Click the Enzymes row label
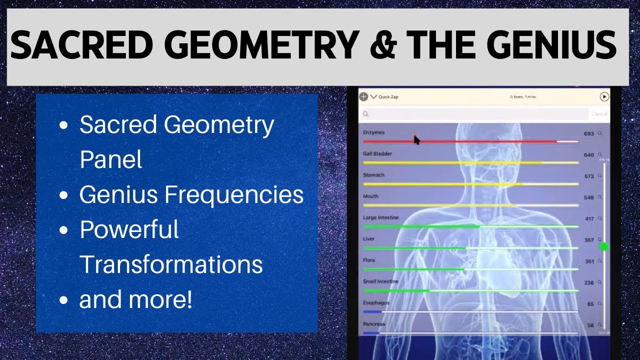pyautogui.click(x=373, y=132)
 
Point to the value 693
pyautogui.click(x=588, y=134)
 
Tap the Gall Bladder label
pyautogui.click(x=377, y=154)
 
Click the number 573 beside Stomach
pyautogui.click(x=588, y=176)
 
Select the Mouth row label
pyautogui.click(x=370, y=196)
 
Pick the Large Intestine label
pyautogui.click(x=380, y=218)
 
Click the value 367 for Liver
pyautogui.click(x=588, y=240)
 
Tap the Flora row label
pyautogui.click(x=368, y=260)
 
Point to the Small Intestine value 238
pyautogui.click(x=588, y=283)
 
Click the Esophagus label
pyautogui.click(x=376, y=303)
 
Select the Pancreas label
pyautogui.click(x=374, y=324)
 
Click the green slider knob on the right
pyautogui.click(x=604, y=246)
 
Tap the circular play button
pyautogui.click(x=604, y=97)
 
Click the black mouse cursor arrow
pyautogui.click(x=416, y=140)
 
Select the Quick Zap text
pyautogui.click(x=388, y=97)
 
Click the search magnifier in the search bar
pyautogui.click(x=366, y=114)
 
